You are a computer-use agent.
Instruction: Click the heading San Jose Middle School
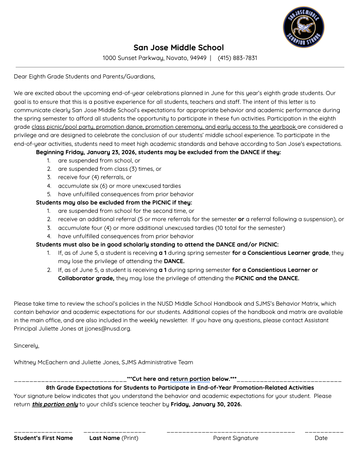point(179,48)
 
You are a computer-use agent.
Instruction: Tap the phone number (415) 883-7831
point(237,58)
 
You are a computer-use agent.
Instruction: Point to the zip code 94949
point(198,58)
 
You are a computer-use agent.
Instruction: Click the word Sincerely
point(26,345)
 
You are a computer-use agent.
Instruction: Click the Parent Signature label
point(235,438)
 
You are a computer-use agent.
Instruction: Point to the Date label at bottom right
point(321,438)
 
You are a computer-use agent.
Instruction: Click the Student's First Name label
point(43,438)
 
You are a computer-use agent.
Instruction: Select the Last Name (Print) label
point(114,438)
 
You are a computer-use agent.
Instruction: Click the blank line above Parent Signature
point(230,432)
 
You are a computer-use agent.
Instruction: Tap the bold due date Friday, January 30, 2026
point(206,404)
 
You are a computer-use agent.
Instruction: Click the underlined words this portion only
point(54,404)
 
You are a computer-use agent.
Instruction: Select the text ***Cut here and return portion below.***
point(181,379)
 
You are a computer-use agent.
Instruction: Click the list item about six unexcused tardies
point(119,186)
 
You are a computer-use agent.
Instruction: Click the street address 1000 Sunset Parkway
point(132,58)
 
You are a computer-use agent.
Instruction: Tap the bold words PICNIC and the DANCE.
point(267,278)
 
